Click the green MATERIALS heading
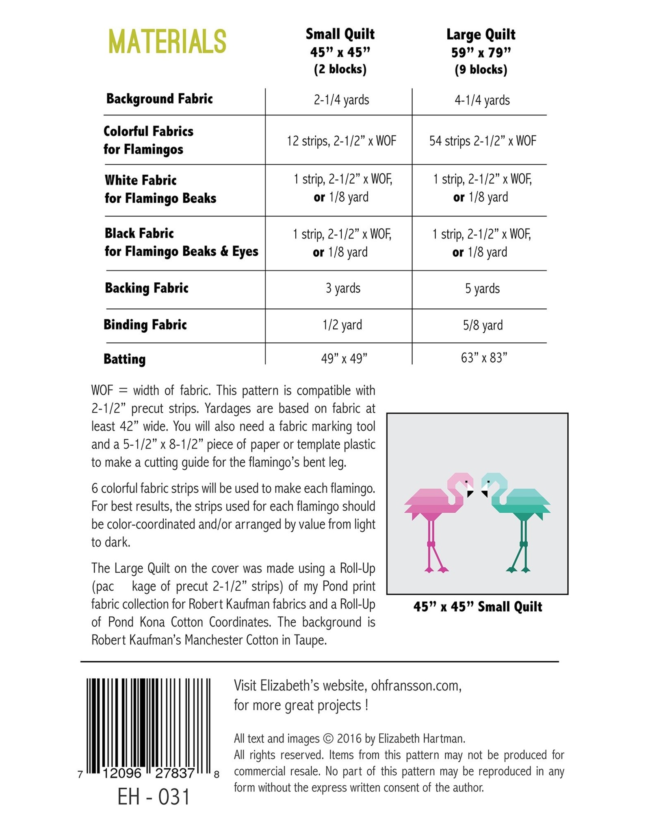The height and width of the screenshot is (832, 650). coord(167,41)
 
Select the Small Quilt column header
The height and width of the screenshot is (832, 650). coord(340,51)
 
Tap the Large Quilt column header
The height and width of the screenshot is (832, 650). coord(481,52)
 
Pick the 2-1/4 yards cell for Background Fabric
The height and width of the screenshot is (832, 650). coord(341,100)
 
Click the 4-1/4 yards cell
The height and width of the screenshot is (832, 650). coord(482,100)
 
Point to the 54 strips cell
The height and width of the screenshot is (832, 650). coord(483,141)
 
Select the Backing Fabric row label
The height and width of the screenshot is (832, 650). coord(147,288)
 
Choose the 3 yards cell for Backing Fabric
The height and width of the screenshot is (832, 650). coord(343,288)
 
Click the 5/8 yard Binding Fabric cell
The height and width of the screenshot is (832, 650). coord(483,325)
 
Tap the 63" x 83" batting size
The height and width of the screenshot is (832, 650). coord(484,358)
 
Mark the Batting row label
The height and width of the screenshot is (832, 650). coord(124,359)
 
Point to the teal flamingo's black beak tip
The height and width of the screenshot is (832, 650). coord(485,494)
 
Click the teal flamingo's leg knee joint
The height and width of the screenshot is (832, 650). coord(523,544)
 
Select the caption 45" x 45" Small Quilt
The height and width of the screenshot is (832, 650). coord(477,607)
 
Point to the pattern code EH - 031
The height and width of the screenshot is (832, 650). coord(154,797)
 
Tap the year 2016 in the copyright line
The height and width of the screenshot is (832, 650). coord(349,739)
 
